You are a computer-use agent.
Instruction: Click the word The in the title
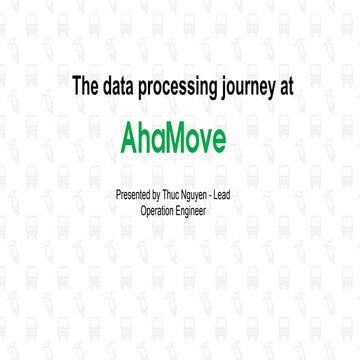tap(85, 87)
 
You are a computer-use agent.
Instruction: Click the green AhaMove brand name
tap(180, 135)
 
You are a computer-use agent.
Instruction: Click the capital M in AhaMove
tap(186, 135)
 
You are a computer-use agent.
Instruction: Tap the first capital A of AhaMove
tap(128, 135)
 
